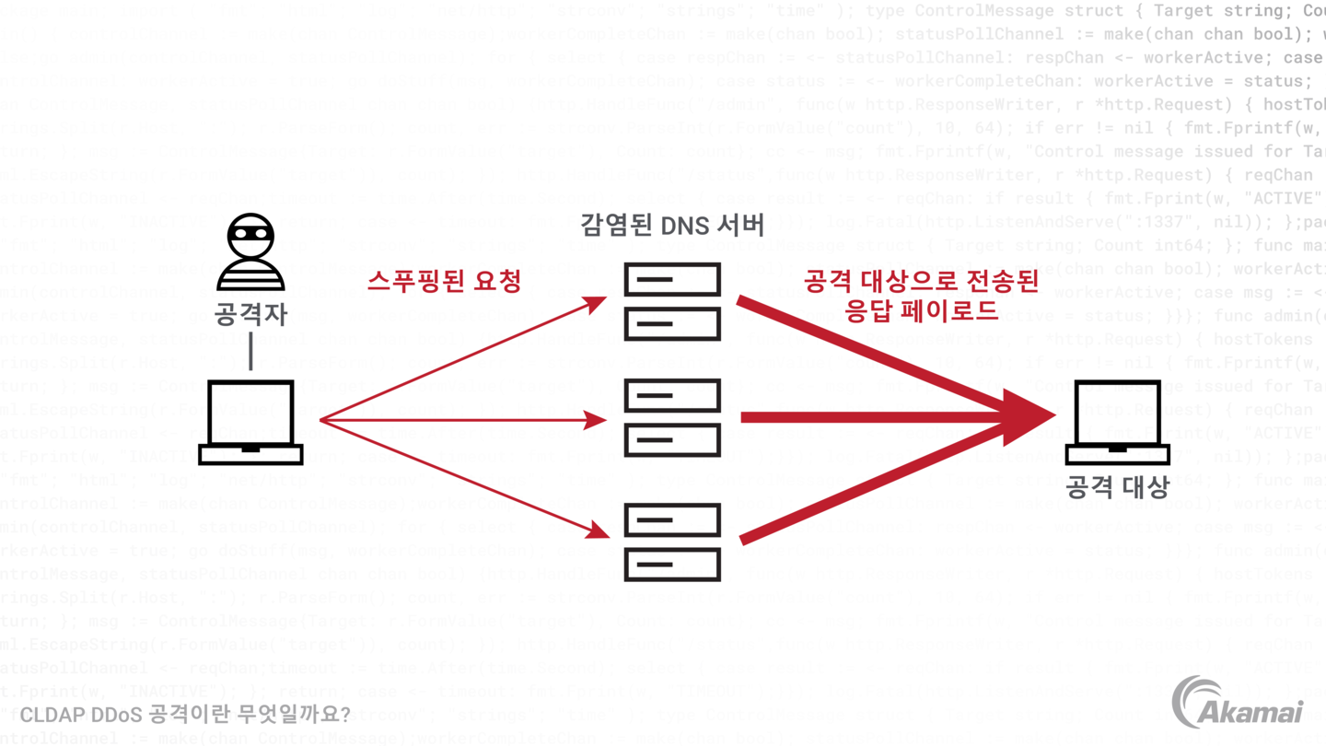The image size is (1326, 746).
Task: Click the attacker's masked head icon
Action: (x=250, y=251)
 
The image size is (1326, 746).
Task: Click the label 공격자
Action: (x=250, y=313)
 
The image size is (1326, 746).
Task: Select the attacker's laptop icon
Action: (x=250, y=422)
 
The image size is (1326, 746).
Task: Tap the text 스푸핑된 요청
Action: (x=444, y=281)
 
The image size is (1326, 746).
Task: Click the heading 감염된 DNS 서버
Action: (x=672, y=225)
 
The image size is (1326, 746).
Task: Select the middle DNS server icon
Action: (x=672, y=418)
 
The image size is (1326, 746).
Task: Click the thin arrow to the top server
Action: (x=460, y=359)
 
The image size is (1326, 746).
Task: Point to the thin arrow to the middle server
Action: (x=460, y=420)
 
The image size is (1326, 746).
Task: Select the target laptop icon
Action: (x=1117, y=422)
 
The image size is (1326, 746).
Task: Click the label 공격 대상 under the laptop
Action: (x=1117, y=486)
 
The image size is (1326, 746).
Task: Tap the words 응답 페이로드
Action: (x=921, y=310)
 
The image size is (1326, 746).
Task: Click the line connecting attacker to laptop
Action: (x=250, y=353)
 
